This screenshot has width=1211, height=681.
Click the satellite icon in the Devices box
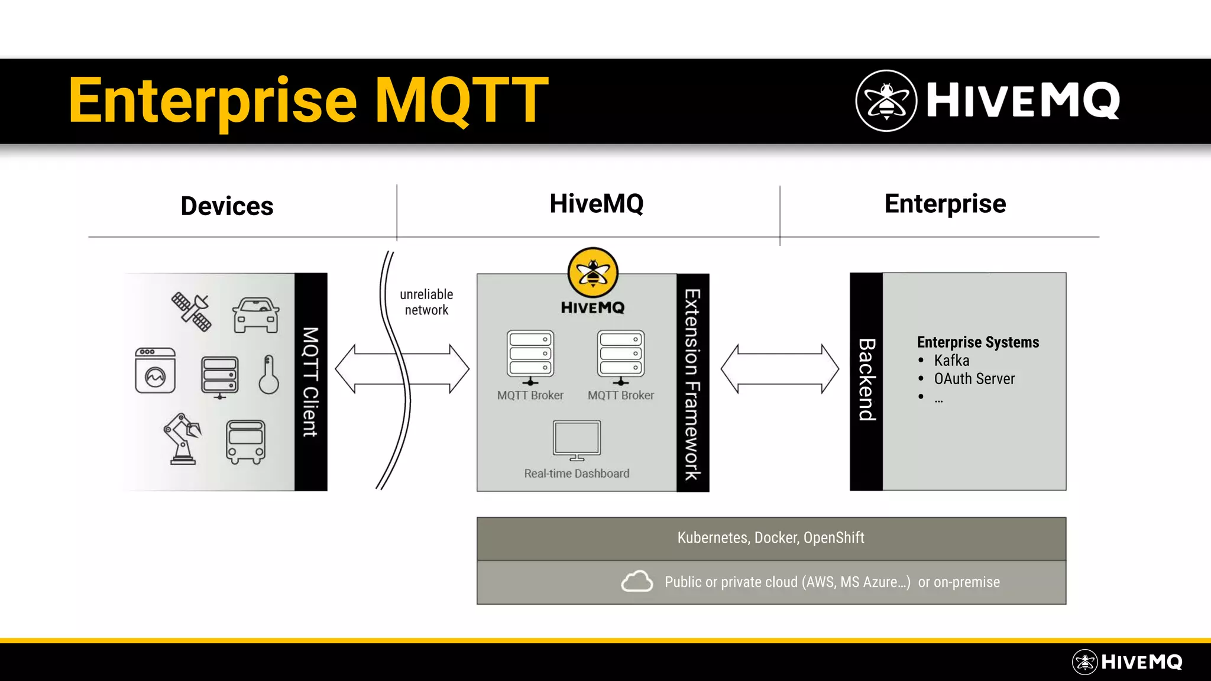(191, 311)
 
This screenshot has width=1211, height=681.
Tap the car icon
(255, 315)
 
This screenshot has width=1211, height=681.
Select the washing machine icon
(156, 371)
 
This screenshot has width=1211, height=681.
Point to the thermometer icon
(268, 375)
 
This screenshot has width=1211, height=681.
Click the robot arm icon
(183, 439)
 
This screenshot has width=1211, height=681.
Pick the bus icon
(245, 442)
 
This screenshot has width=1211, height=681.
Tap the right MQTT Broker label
(620, 395)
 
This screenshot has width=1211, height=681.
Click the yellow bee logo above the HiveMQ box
(592, 273)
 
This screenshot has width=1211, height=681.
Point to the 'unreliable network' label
(426, 302)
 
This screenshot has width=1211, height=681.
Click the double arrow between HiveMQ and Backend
(779, 369)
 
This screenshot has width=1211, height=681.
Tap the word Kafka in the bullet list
(951, 361)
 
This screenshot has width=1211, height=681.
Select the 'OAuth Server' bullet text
(974, 379)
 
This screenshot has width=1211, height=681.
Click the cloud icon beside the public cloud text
(637, 581)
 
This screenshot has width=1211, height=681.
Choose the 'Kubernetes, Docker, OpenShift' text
(770, 538)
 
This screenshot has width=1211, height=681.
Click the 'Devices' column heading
(227, 206)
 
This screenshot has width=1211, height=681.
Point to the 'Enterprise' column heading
(945, 204)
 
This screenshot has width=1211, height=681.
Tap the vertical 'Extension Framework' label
(692, 384)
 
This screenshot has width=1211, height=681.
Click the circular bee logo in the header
(886, 100)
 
